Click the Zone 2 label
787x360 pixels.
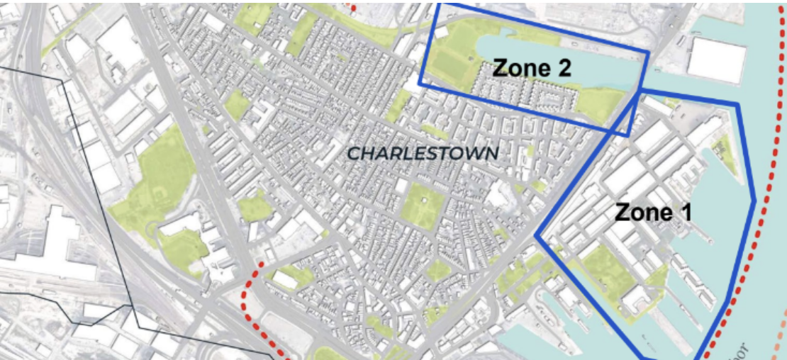pyautogui.click(x=532, y=68)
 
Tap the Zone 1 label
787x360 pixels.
pyautogui.click(x=653, y=212)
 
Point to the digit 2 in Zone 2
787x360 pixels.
pyautogui.click(x=563, y=68)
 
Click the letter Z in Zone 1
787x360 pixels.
pyautogui.click(x=621, y=212)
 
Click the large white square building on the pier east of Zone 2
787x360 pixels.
pyautogui.click(x=716, y=59)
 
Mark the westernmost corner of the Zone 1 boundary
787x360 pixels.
pyautogui.click(x=536, y=236)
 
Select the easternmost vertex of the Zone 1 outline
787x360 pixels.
pyautogui.click(x=754, y=201)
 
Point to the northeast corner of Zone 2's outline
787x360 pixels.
pyautogui.click(x=648, y=52)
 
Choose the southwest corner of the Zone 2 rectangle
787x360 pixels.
pyautogui.click(x=420, y=84)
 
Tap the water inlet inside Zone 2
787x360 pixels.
pyautogui.click(x=603, y=71)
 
